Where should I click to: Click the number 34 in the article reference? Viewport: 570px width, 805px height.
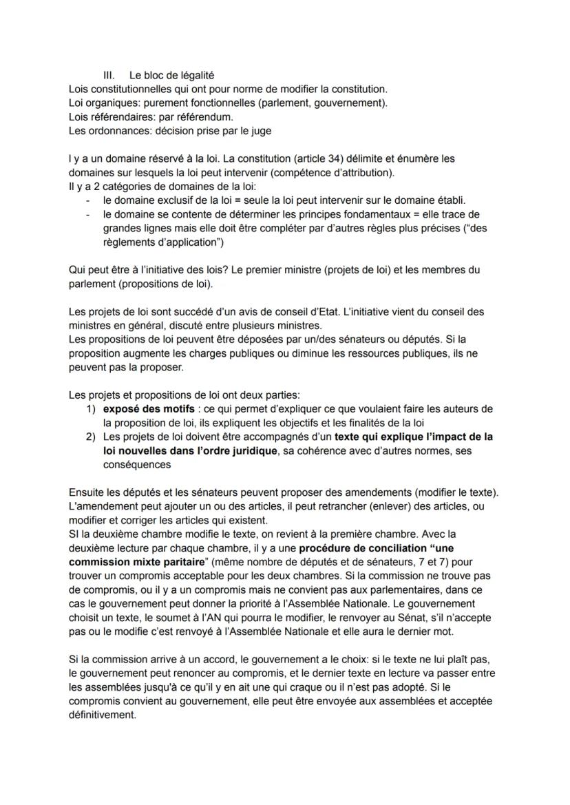coord(278,158)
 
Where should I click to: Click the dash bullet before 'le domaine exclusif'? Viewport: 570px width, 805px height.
coord(88,200)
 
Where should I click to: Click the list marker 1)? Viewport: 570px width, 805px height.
coord(90,409)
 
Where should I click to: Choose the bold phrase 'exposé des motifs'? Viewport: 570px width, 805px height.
coord(146,409)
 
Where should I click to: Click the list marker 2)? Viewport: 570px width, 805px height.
coord(90,437)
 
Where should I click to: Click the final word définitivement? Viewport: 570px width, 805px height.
coord(103,715)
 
